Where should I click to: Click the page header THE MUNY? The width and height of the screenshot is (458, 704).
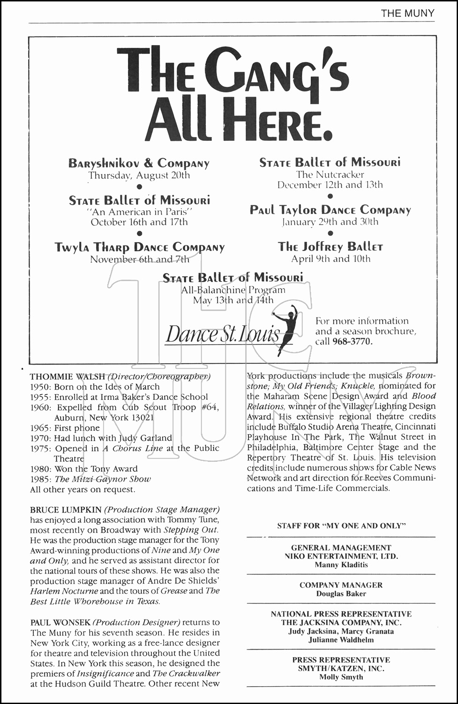(x=407, y=13)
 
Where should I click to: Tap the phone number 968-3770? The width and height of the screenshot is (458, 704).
(x=352, y=342)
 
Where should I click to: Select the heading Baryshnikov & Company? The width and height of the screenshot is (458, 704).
(x=139, y=163)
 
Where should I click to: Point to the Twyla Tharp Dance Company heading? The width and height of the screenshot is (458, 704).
(x=139, y=247)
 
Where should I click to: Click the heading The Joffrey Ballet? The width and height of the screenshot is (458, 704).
(x=330, y=247)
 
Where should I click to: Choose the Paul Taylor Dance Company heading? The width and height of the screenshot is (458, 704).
(x=330, y=210)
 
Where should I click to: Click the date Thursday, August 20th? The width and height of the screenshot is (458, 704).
(x=139, y=176)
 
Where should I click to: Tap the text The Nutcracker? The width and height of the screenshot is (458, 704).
(x=330, y=175)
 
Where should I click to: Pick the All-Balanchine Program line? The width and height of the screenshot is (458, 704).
(x=233, y=290)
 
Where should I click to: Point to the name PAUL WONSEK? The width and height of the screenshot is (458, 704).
(x=60, y=622)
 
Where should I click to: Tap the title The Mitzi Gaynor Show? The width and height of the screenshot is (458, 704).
(x=103, y=479)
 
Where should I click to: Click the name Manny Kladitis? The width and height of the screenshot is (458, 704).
(x=341, y=565)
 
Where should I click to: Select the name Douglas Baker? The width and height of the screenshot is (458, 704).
(x=341, y=594)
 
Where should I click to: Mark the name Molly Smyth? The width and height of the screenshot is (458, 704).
(x=341, y=677)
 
